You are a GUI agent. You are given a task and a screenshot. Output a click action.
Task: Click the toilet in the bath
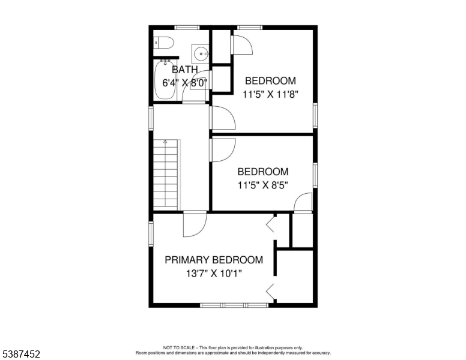pos(163,43)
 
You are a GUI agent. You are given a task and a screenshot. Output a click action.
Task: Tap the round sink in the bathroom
pos(201,54)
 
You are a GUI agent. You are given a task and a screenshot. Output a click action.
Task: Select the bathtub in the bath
pos(165,80)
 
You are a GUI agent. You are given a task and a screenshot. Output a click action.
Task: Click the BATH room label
pos(185,70)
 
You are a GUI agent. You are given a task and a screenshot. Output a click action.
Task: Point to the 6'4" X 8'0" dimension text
pos(184,83)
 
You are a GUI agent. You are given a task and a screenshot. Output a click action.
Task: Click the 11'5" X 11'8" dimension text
pos(270,94)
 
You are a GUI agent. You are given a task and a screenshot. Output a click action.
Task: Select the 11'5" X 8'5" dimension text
pos(263,185)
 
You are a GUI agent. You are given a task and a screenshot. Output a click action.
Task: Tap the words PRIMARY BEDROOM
pos(214,260)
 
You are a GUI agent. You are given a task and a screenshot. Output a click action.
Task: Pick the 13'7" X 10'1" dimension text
pos(214,273)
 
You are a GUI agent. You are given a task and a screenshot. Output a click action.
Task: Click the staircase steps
pos(166,175)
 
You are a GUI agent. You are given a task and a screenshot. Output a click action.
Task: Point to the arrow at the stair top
pos(165,142)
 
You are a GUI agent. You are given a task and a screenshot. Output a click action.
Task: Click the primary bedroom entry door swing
pos(195,224)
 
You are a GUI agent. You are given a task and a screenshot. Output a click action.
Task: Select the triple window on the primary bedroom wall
pos(234,305)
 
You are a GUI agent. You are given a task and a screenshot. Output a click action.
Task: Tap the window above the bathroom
pos(187,28)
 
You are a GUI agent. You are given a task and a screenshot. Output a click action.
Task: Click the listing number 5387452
pos(21,354)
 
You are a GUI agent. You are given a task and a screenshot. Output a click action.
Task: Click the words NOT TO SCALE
pos(178,347)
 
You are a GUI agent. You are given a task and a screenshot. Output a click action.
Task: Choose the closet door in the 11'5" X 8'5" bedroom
pos(303,203)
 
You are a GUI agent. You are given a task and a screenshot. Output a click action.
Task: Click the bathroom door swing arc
pos(195,86)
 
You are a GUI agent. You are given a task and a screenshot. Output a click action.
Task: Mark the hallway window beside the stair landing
pos(151,118)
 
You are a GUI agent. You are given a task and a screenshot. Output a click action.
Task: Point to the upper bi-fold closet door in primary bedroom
pos(270,224)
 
